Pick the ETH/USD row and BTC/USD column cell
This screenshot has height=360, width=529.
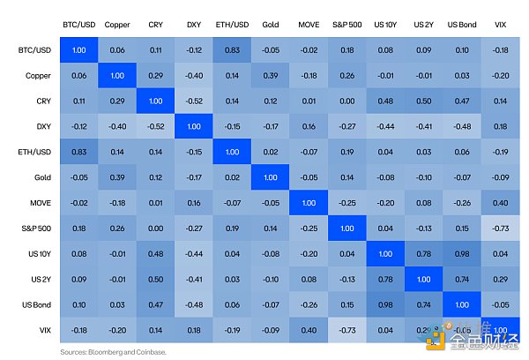coord(79,152)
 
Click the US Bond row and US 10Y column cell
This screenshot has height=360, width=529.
coord(384,304)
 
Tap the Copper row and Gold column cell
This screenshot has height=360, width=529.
coord(271,77)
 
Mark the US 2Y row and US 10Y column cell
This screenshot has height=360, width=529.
coord(384,279)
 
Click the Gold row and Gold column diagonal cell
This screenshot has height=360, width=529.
coord(271,177)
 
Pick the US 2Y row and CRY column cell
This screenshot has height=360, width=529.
coord(155,279)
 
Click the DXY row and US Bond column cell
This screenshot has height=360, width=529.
coord(461,127)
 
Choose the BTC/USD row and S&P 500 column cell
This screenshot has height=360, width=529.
coord(346,51)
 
